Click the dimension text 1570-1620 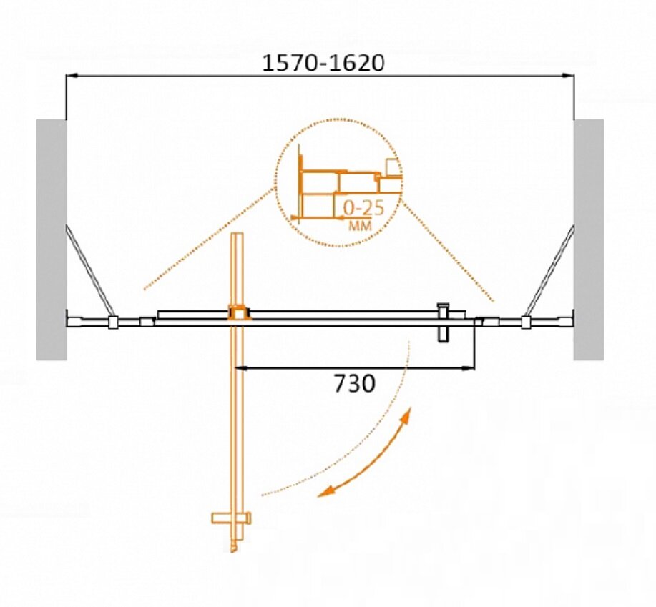[323, 63]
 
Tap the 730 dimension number [354, 383]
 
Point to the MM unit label [360, 226]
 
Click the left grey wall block [52, 240]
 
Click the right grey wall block [588, 240]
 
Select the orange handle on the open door [231, 518]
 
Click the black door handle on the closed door [443, 322]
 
